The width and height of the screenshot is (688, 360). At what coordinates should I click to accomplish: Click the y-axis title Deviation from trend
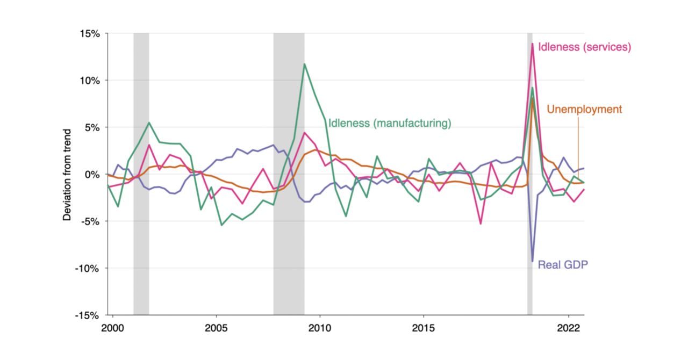coord(67,175)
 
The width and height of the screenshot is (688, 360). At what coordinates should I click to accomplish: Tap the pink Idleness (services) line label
coord(584,47)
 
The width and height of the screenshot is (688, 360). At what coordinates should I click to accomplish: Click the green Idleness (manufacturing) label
coord(389,123)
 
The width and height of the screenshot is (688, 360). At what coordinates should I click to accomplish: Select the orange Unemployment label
coord(584,110)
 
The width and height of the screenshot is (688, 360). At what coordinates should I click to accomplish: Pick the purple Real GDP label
coord(563,264)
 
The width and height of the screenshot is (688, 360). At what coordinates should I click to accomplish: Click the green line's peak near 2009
coord(305,64)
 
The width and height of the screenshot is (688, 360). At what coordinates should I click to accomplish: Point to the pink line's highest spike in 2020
coord(532,44)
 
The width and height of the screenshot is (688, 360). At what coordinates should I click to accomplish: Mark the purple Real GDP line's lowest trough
coord(533,261)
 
